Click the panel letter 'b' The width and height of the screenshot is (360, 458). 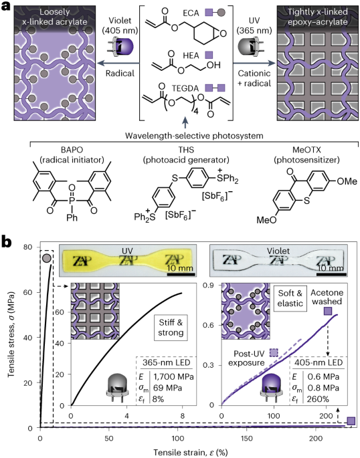pos(7,242)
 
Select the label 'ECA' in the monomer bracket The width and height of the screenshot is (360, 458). pos(191,13)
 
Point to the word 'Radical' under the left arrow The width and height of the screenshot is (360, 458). pos(120,73)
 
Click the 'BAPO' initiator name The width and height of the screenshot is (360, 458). pos(72,150)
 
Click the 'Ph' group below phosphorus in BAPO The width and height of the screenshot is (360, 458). pos(72,217)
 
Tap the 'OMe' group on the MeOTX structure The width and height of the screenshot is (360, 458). pos(347,181)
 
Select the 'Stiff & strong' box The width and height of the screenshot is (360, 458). pos(171,328)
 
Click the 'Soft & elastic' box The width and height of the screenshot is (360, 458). pos(290,298)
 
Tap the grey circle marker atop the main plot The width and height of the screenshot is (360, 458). pos(47,258)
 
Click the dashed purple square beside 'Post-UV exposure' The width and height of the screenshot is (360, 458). pos(274,352)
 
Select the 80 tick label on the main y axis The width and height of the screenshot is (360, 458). pos(27,247)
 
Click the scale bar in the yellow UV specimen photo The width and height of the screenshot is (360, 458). pos(180,274)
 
